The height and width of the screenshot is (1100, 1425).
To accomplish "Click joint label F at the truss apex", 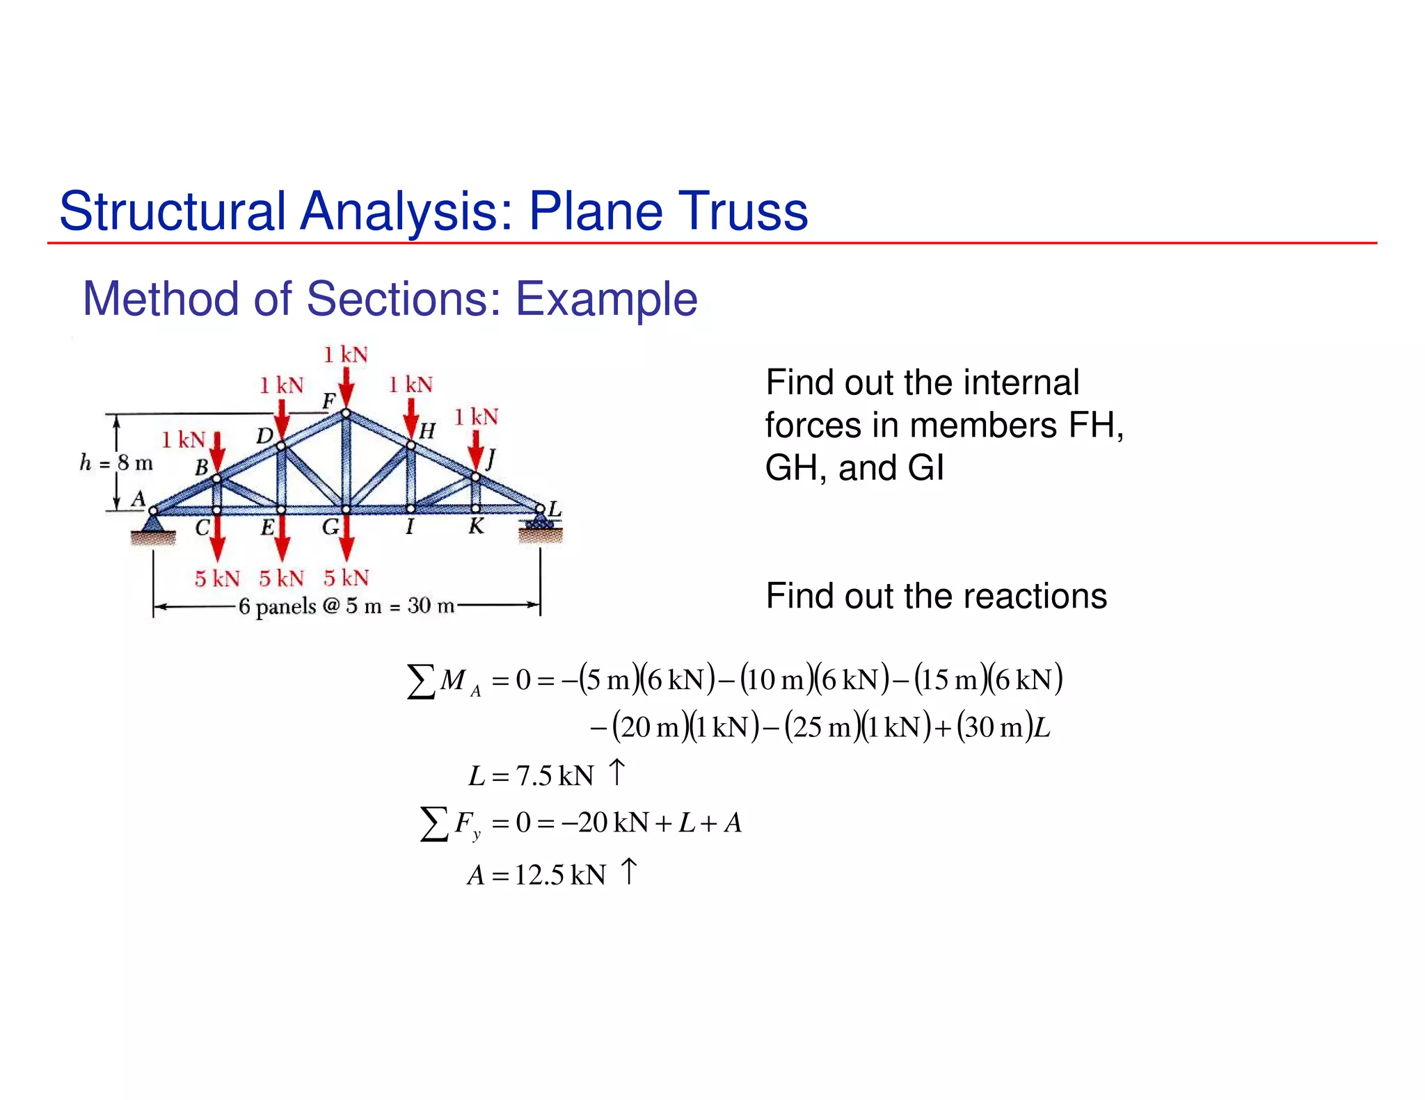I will pyautogui.click(x=329, y=401).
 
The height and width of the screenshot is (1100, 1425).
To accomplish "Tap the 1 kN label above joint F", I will pyautogui.click(x=346, y=355).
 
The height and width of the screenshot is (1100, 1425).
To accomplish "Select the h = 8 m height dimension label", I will pyautogui.click(x=116, y=462).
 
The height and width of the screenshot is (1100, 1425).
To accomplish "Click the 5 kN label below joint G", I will pyautogui.click(x=347, y=578).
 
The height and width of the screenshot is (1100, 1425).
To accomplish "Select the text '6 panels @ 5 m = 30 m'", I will pyautogui.click(x=347, y=606).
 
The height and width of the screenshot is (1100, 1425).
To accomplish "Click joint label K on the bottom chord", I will pyautogui.click(x=476, y=526).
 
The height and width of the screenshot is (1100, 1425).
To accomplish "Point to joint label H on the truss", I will pyautogui.click(x=427, y=431).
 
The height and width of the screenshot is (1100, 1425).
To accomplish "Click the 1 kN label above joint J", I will pyautogui.click(x=477, y=417).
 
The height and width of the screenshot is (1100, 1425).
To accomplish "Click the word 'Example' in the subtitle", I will pyautogui.click(x=606, y=299).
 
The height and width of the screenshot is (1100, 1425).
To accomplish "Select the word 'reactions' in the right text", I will pyautogui.click(x=1035, y=596).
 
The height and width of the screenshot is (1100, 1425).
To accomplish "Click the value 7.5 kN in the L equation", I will pyautogui.click(x=555, y=776).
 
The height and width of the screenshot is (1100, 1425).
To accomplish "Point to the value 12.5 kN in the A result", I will pyautogui.click(x=560, y=875).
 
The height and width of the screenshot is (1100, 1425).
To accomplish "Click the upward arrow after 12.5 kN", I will pyautogui.click(x=629, y=871).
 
